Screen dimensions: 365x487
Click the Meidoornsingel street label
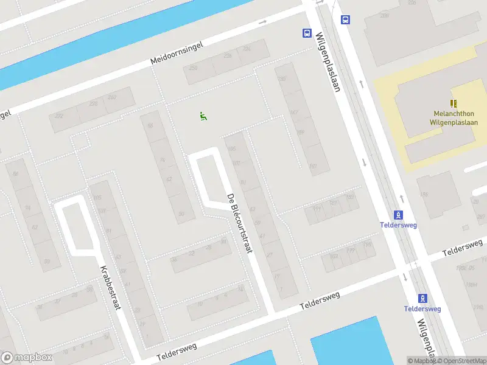[x=180, y=52]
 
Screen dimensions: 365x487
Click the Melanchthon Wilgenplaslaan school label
[x=454, y=117]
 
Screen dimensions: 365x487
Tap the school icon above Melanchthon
[x=454, y=103]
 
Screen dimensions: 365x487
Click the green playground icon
[x=203, y=116]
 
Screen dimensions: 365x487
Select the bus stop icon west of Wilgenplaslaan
[x=307, y=33]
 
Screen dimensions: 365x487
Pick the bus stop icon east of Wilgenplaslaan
[x=345, y=19]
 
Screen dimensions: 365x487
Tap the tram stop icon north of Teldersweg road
[x=399, y=215]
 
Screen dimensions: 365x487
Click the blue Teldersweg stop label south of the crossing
[x=422, y=309]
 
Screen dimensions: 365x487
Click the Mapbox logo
[x=27, y=358]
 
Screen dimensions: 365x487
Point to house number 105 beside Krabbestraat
[x=96, y=198]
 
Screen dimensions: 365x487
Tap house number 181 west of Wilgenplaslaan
[x=313, y=166]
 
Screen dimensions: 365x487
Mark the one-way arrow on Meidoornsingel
[x=262, y=23]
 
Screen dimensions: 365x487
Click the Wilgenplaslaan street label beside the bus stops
[x=327, y=61]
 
